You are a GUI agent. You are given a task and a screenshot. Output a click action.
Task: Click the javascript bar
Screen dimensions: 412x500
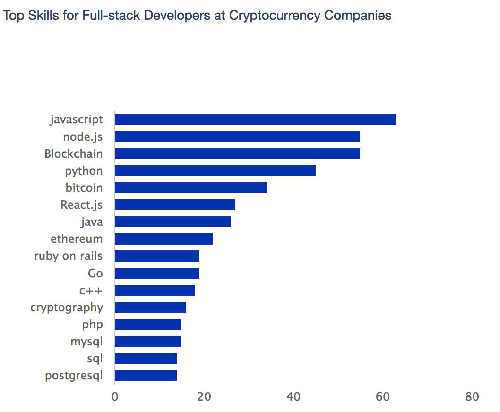tap(255, 120)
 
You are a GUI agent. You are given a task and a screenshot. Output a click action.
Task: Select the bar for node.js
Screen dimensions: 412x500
tap(237, 137)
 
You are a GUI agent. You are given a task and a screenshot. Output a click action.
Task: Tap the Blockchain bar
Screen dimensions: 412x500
tap(237, 154)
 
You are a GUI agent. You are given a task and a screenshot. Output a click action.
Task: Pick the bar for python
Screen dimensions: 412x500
tap(215, 171)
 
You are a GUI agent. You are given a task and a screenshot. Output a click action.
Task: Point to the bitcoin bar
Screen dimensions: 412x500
tap(190, 188)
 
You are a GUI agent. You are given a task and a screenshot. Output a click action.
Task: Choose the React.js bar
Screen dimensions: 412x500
tap(175, 205)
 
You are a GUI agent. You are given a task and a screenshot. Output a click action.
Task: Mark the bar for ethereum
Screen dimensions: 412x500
tap(164, 239)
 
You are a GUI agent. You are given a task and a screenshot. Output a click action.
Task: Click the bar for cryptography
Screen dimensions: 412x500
tap(150, 308)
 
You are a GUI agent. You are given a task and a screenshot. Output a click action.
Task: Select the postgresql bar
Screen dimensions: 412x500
tap(146, 376)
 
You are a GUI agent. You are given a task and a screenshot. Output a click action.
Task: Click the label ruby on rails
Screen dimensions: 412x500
tap(69, 256)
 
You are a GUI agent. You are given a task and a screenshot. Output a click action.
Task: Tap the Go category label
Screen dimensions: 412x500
tap(95, 274)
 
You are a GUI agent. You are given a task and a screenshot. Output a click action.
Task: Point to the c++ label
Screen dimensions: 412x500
tap(91, 291)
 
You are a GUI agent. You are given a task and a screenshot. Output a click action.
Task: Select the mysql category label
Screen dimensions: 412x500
tap(86, 341)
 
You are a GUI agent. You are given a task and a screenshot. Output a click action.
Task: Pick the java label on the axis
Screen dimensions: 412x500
tap(92, 222)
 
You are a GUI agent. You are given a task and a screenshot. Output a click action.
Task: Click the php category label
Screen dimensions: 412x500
tap(92, 325)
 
